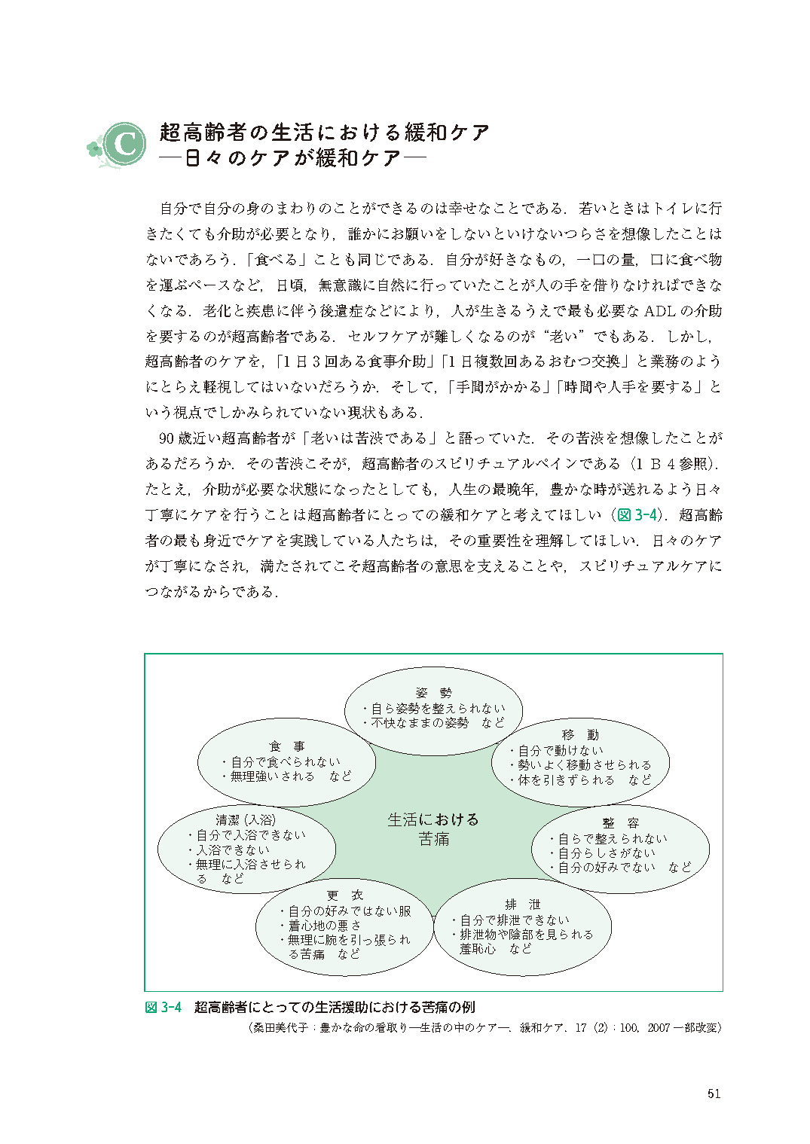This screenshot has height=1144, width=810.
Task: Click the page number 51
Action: click(714, 1094)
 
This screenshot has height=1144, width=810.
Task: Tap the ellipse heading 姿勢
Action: click(433, 693)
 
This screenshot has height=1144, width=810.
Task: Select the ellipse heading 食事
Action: click(287, 746)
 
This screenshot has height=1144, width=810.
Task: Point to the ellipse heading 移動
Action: click(580, 735)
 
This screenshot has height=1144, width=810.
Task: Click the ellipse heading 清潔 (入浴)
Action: click(246, 819)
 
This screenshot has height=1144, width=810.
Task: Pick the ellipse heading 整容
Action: click(620, 823)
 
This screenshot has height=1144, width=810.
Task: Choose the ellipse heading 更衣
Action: click(345, 895)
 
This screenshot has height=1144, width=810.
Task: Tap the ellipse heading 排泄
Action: click(522, 905)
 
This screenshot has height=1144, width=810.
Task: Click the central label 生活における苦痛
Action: click(433, 829)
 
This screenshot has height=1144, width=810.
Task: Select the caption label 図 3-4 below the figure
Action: click(164, 1008)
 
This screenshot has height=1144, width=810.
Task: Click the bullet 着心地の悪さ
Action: click(325, 925)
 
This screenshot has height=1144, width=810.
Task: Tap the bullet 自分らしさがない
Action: click(607, 853)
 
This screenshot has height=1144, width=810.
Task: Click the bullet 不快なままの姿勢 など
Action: click(438, 722)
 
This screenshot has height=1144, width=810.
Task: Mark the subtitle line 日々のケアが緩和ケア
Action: click(292, 158)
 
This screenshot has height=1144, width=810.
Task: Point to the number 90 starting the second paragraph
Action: click(167, 438)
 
